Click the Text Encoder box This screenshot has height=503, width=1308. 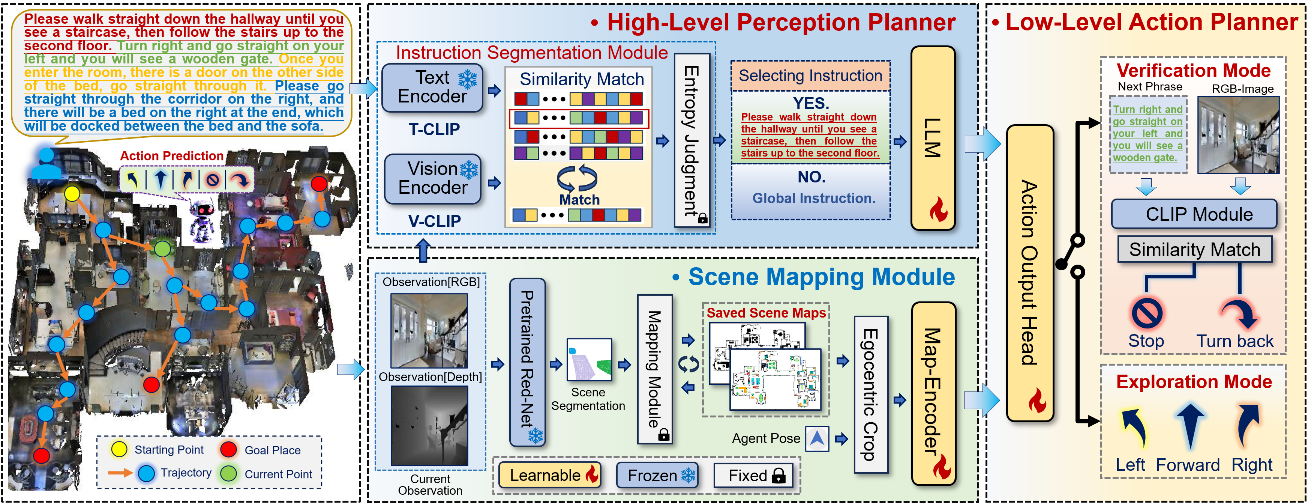pyautogui.click(x=432, y=87)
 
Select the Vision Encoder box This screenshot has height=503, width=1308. pyautogui.click(x=433, y=179)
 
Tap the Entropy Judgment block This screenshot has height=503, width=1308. pyautogui.click(x=691, y=140)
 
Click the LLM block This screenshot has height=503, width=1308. pyautogui.click(x=933, y=138)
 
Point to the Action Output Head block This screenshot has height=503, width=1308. pyautogui.click(x=1029, y=273)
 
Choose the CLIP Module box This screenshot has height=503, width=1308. pyautogui.click(x=1193, y=214)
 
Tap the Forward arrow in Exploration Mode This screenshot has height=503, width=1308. pyautogui.click(x=1190, y=426)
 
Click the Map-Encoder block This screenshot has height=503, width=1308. pyautogui.click(x=933, y=393)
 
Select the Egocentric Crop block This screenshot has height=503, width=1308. pyautogui.click(x=870, y=394)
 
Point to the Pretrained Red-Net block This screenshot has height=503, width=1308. pyautogui.click(x=527, y=362)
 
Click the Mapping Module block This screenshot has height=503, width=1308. pyautogui.click(x=654, y=369)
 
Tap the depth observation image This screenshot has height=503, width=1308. pyautogui.click(x=429, y=425)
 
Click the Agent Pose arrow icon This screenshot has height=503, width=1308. pyautogui.click(x=816, y=438)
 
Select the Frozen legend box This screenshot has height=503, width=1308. pyautogui.click(x=657, y=476)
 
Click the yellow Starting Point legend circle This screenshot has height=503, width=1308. pyautogui.click(x=119, y=449)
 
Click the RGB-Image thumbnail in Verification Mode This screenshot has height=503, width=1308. pyautogui.click(x=1238, y=135)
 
